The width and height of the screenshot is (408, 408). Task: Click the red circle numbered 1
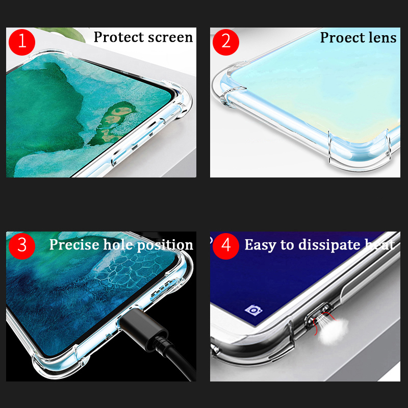point(22,41)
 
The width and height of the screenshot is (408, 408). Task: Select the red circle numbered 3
point(22,245)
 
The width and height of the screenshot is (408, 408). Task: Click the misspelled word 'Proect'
point(341,38)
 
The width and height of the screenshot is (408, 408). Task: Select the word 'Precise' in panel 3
point(74,245)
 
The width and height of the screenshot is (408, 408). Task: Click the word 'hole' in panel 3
point(118,245)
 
